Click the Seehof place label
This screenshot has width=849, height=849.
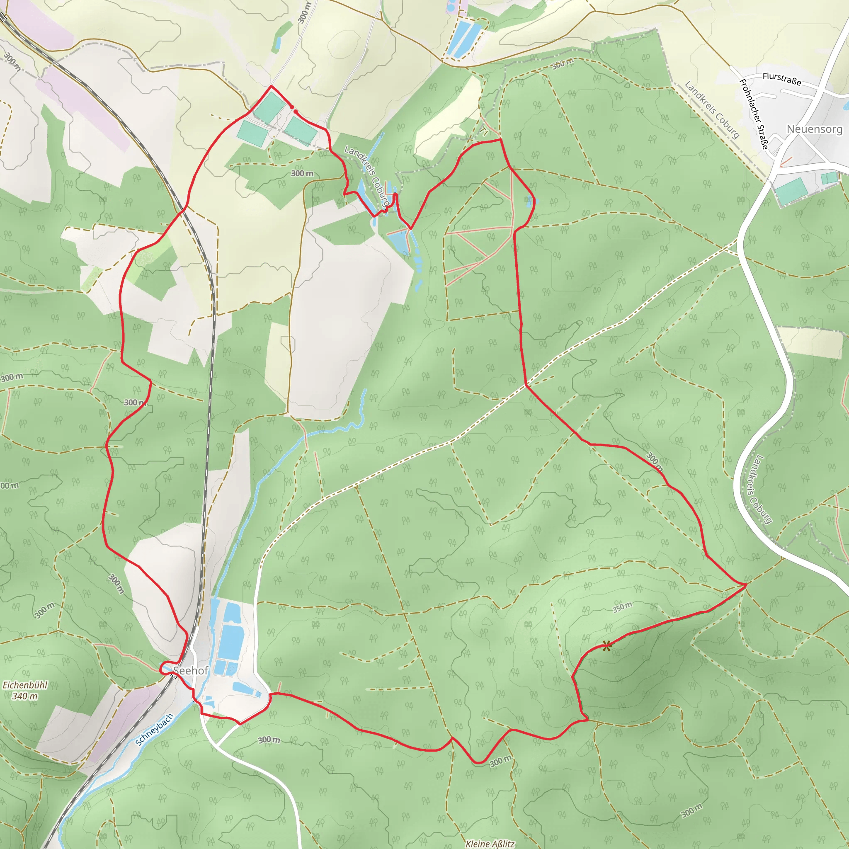(x=191, y=671)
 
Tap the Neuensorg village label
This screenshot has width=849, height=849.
(x=814, y=129)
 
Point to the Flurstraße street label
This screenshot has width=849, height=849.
(x=782, y=79)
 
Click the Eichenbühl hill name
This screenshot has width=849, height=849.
(x=25, y=685)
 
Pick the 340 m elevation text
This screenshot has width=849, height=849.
(x=25, y=696)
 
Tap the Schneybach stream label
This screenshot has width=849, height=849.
(x=154, y=730)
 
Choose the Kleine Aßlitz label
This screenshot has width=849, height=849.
(x=490, y=844)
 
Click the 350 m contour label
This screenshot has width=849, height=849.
(x=622, y=607)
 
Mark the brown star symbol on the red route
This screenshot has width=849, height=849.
(x=606, y=646)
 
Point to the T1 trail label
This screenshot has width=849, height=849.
(x=484, y=131)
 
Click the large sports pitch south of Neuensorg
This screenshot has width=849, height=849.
(x=791, y=191)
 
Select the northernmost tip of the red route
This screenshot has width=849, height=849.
(x=271, y=86)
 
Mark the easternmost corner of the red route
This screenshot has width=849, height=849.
(x=746, y=585)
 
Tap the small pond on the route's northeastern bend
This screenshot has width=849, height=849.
(x=530, y=202)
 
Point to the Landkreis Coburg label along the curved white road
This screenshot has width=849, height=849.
(x=759, y=490)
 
